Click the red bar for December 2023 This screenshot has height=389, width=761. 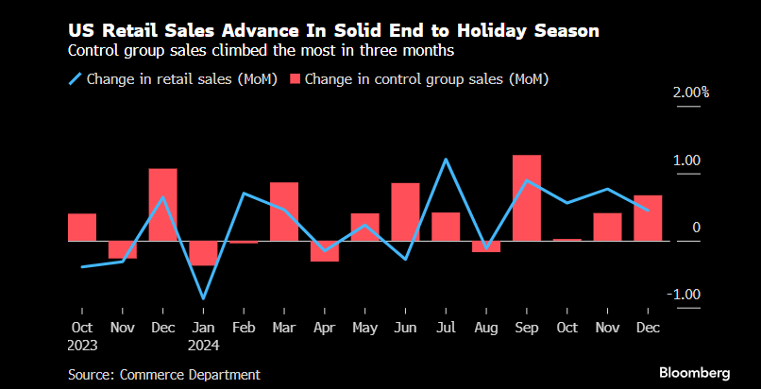pos(162,205)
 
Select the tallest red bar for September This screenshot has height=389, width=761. pos(526,197)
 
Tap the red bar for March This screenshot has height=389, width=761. pos(284,211)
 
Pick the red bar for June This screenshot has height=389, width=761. pos(405,211)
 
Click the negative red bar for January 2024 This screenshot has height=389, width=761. pos(203,253)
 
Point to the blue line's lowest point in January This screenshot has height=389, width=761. pos(203,299)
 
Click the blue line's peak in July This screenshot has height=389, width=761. pos(446,160)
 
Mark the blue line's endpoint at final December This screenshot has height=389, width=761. pos(647,210)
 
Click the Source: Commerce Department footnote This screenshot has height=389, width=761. pos(163,374)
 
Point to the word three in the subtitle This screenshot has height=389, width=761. pos(362,50)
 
